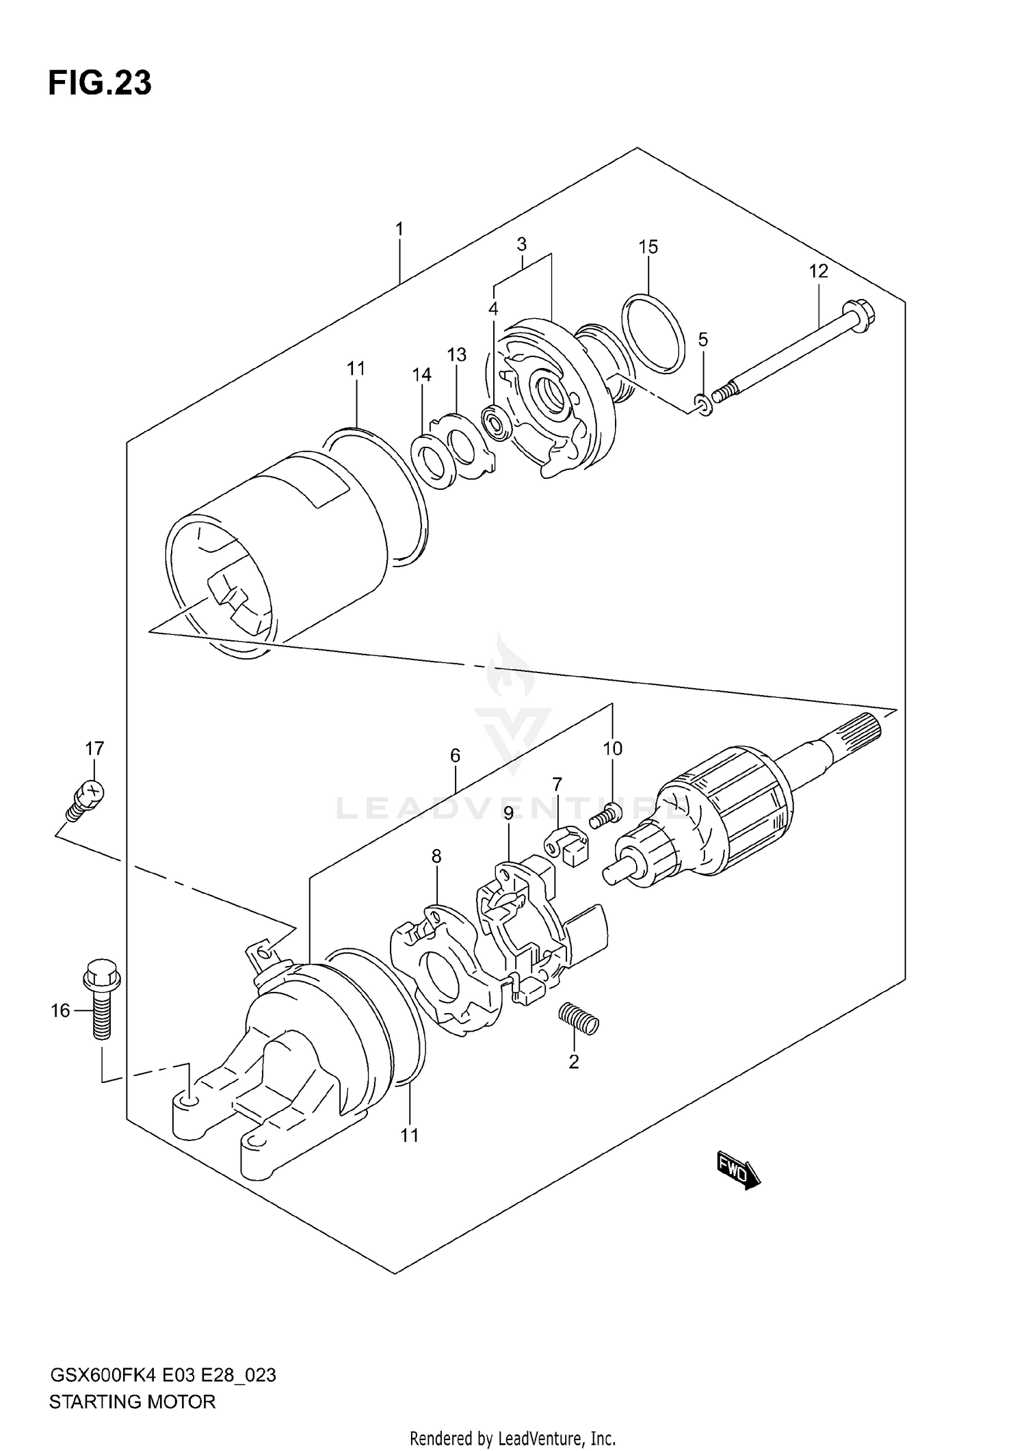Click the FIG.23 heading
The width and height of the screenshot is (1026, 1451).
point(100,83)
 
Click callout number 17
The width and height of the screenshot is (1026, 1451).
point(94,748)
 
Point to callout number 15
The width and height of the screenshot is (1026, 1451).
point(648,247)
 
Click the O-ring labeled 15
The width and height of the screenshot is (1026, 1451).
point(653,334)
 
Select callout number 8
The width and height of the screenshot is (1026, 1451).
point(436,856)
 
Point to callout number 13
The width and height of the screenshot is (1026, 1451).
point(456,354)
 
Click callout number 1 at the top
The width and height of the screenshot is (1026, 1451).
point(399,228)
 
